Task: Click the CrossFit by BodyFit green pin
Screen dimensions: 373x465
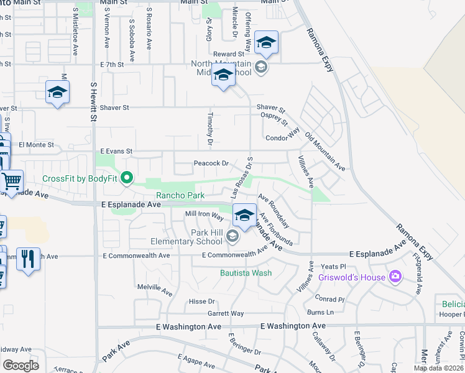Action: click(x=127, y=179)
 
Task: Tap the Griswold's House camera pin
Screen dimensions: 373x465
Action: click(x=395, y=277)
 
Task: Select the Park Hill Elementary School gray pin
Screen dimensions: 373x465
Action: click(x=232, y=236)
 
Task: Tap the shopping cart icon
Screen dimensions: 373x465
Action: click(x=11, y=181)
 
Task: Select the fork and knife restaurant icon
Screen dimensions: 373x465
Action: click(x=27, y=259)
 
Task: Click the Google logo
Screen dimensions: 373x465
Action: click(x=20, y=365)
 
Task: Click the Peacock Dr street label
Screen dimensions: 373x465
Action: click(x=211, y=163)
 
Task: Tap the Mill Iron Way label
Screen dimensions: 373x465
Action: click(x=205, y=214)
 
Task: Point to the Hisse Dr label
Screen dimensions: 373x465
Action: click(x=201, y=302)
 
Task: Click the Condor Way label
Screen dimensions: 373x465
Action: click(x=283, y=138)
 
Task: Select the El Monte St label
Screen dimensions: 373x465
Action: click(x=33, y=144)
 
